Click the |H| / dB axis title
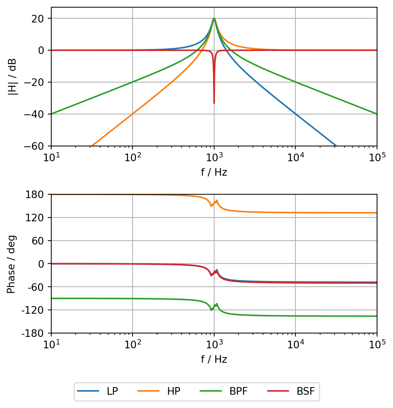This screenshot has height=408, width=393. coord(12,76)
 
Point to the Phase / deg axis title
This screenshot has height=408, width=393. coord(11,264)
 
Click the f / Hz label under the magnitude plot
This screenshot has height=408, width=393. coord(214,172)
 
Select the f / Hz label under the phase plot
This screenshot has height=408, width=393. coord(214,359)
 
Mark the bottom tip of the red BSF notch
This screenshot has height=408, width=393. coord(214,103)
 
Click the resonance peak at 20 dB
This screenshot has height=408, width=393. coord(214,18)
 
